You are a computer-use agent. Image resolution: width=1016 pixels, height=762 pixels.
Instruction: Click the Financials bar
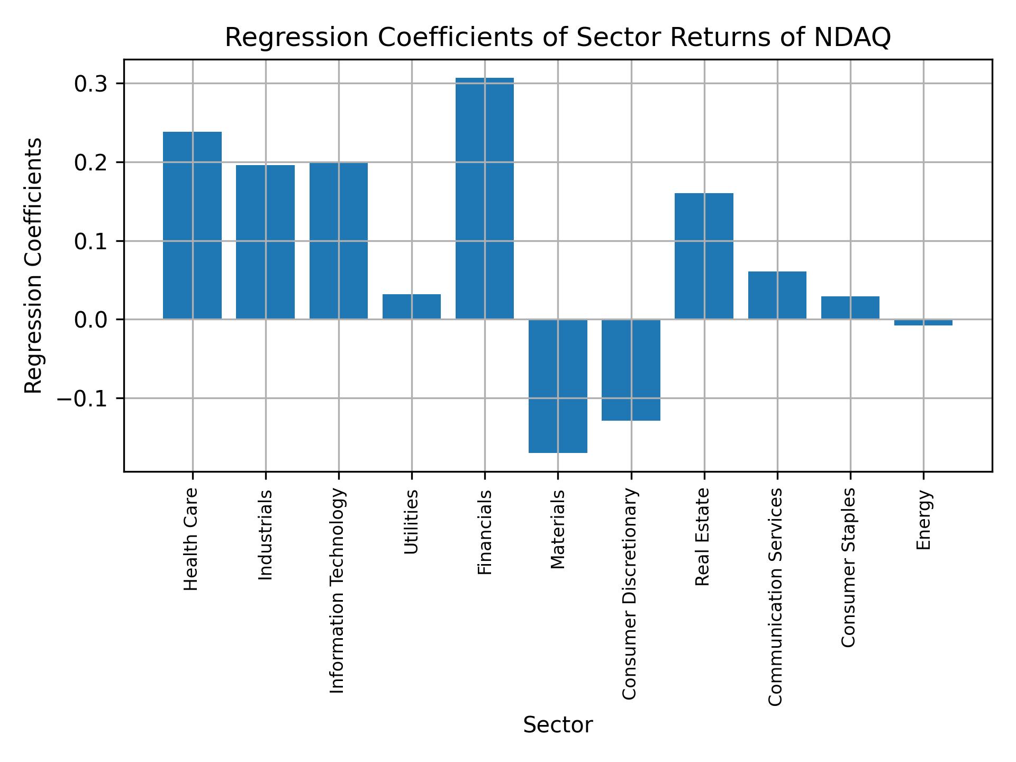(x=484, y=198)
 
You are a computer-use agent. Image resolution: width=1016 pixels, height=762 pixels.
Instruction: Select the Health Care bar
(x=192, y=225)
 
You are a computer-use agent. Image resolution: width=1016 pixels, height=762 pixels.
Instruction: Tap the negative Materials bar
(x=558, y=386)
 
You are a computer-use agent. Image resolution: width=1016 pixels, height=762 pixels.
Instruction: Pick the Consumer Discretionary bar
(x=631, y=370)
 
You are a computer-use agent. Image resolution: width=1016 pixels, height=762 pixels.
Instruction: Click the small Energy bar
(x=923, y=322)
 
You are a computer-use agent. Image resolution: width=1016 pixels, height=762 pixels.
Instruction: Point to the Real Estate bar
(x=704, y=256)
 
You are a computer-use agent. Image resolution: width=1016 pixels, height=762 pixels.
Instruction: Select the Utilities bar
(x=412, y=306)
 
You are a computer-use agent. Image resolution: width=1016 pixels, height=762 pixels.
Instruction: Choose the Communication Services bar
(x=777, y=295)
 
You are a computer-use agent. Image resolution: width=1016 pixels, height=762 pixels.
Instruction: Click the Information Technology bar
(x=339, y=241)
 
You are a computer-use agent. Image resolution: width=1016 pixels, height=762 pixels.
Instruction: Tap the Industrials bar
(x=265, y=242)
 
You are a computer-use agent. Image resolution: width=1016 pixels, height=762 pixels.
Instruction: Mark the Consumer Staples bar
(x=850, y=307)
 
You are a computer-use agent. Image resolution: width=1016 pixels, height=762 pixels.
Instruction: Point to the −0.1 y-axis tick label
(x=83, y=398)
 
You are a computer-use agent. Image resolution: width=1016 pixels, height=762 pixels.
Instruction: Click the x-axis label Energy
(x=923, y=520)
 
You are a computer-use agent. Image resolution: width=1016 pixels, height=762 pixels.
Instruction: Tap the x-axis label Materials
(x=558, y=529)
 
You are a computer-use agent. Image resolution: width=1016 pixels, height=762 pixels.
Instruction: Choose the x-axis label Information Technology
(x=338, y=591)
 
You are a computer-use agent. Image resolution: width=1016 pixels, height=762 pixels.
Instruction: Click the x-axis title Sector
(x=558, y=725)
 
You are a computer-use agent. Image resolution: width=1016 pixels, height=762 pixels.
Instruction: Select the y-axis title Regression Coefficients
(x=34, y=266)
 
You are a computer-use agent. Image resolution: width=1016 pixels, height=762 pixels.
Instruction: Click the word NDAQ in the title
(x=851, y=38)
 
